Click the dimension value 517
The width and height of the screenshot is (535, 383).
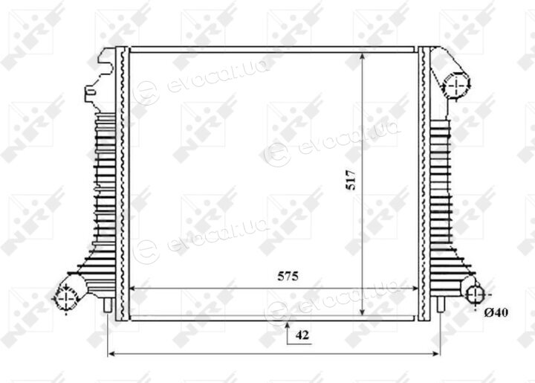click(351, 179)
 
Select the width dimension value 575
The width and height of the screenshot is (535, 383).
click(288, 276)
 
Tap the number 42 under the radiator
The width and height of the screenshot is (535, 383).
click(302, 335)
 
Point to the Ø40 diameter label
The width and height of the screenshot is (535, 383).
click(496, 312)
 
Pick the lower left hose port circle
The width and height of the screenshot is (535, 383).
click(65, 298)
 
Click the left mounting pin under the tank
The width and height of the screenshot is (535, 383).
click(108, 305)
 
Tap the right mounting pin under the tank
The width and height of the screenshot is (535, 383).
click(441, 305)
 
